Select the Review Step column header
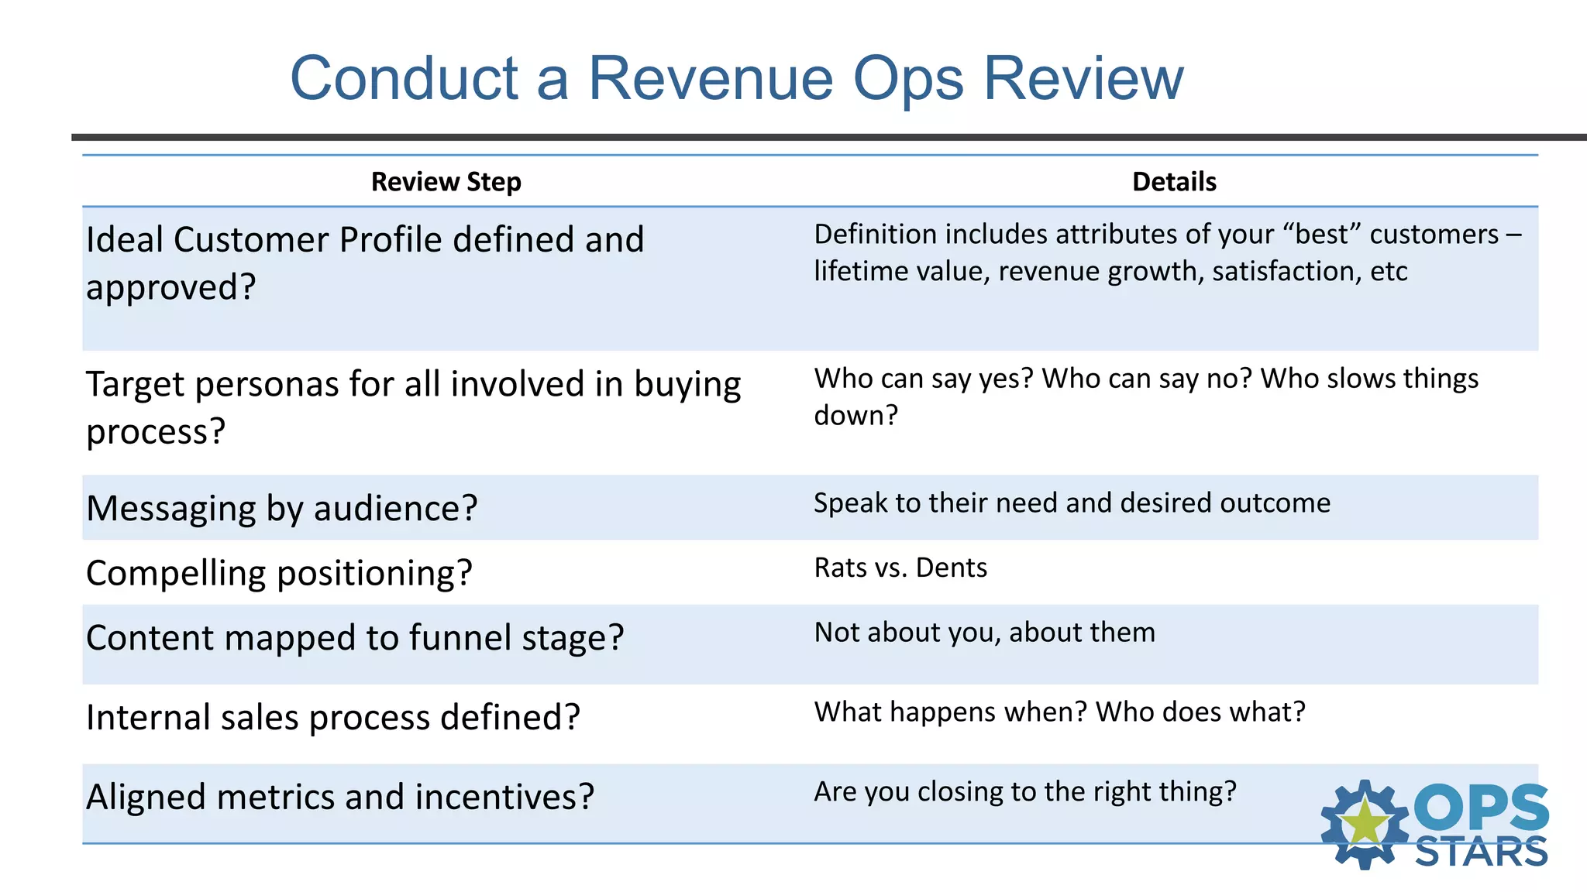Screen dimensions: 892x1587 click(446, 182)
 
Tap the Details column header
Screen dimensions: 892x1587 click(1174, 182)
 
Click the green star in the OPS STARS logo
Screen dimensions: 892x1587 click(1365, 823)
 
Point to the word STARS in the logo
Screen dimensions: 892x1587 click(1481, 853)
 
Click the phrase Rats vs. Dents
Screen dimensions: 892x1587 click(900, 568)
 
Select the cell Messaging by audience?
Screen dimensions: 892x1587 click(282, 509)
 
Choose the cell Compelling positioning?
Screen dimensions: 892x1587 click(279, 574)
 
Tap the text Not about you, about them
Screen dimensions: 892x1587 click(984, 633)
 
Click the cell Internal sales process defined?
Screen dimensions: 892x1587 click(333, 718)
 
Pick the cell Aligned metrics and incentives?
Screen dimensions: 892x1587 click(340, 798)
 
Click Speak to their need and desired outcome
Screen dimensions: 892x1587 click(1072, 503)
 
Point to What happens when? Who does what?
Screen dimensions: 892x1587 click(1059, 712)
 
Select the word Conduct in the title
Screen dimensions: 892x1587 click(404, 79)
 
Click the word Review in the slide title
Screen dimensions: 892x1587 click(1083, 79)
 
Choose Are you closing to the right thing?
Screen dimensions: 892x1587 click(1024, 792)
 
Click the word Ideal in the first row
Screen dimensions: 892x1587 click(125, 240)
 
